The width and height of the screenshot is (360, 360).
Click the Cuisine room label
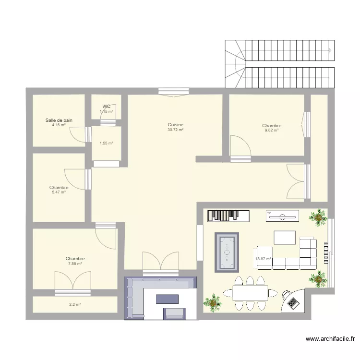tap(175, 124)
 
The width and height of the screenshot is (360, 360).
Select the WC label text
tap(106, 107)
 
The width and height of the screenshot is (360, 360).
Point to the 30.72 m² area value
tap(175, 130)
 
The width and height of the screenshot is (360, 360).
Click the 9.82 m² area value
tap(272, 130)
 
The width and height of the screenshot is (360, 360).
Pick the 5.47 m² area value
tap(59, 192)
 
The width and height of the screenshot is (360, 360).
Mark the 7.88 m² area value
tap(75, 264)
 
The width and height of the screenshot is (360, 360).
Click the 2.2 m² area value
tap(74, 304)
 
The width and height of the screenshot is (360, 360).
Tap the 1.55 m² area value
tap(106, 143)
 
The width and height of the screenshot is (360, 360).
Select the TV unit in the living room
tap(282, 216)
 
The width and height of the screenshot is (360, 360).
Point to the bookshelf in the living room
tap(228, 216)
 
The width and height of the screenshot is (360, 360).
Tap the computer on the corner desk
tap(292, 302)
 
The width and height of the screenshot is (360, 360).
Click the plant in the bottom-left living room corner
tap(213, 302)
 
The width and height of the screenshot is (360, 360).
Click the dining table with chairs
tap(250, 293)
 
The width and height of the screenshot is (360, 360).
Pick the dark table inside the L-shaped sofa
tap(167, 299)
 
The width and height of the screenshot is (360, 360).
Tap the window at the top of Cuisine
tap(173, 91)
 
